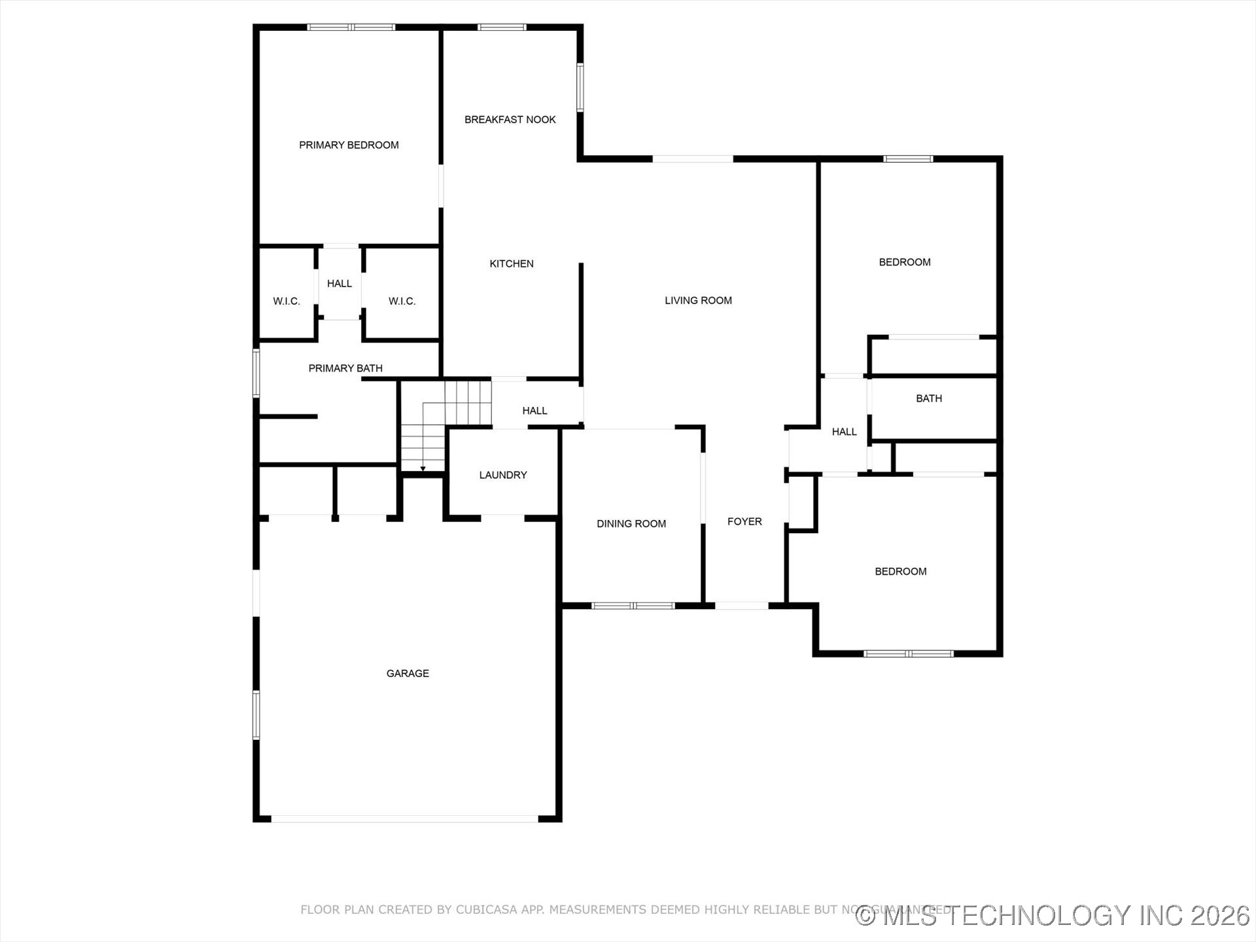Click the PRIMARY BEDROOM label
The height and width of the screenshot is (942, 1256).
click(349, 145)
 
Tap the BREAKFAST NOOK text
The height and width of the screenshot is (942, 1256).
click(510, 120)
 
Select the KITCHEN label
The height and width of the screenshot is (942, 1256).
click(511, 264)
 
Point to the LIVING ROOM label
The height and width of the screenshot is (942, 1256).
click(698, 300)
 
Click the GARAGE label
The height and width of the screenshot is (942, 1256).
click(408, 673)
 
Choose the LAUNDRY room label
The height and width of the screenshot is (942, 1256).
click(502, 475)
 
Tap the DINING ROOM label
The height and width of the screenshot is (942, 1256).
click(631, 523)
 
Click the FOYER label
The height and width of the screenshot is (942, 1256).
click(744, 521)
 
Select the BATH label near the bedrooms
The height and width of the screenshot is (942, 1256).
click(928, 398)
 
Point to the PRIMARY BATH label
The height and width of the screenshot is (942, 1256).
click(345, 368)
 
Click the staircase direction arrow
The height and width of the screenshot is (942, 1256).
click(423, 468)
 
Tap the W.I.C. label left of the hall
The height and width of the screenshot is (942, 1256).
click(287, 301)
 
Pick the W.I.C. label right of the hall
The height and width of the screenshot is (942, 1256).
click(402, 301)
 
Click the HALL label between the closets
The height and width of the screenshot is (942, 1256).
click(340, 283)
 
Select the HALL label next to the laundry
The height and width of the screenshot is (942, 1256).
click(534, 411)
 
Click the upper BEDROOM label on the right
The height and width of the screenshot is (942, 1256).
click(904, 262)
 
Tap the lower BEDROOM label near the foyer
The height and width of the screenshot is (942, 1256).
click(900, 572)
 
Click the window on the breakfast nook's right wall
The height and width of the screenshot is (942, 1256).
click(580, 87)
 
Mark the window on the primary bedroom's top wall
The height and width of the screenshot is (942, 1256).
click(351, 27)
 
